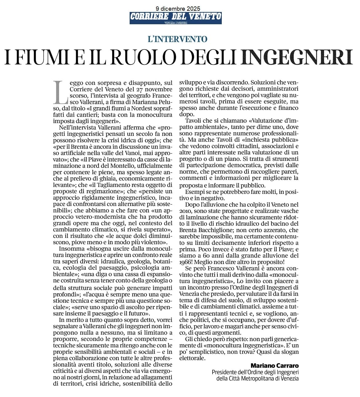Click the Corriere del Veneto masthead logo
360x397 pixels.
pyautogui.click(x=175, y=18)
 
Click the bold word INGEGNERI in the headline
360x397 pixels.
pyautogui.click(x=297, y=57)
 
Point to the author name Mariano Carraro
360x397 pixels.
pyautogui.click(x=275, y=365)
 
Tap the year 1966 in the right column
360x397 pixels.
pyautogui.click(x=186, y=262)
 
